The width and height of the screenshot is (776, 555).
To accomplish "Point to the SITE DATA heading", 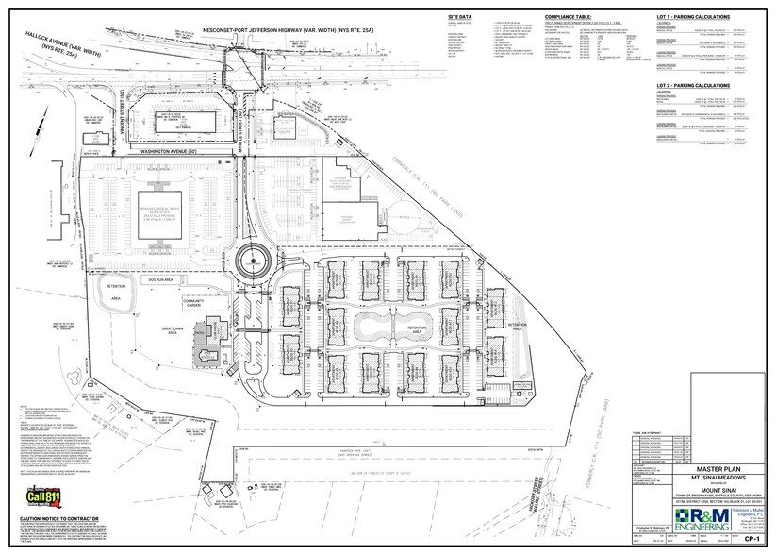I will pos(461,17).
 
